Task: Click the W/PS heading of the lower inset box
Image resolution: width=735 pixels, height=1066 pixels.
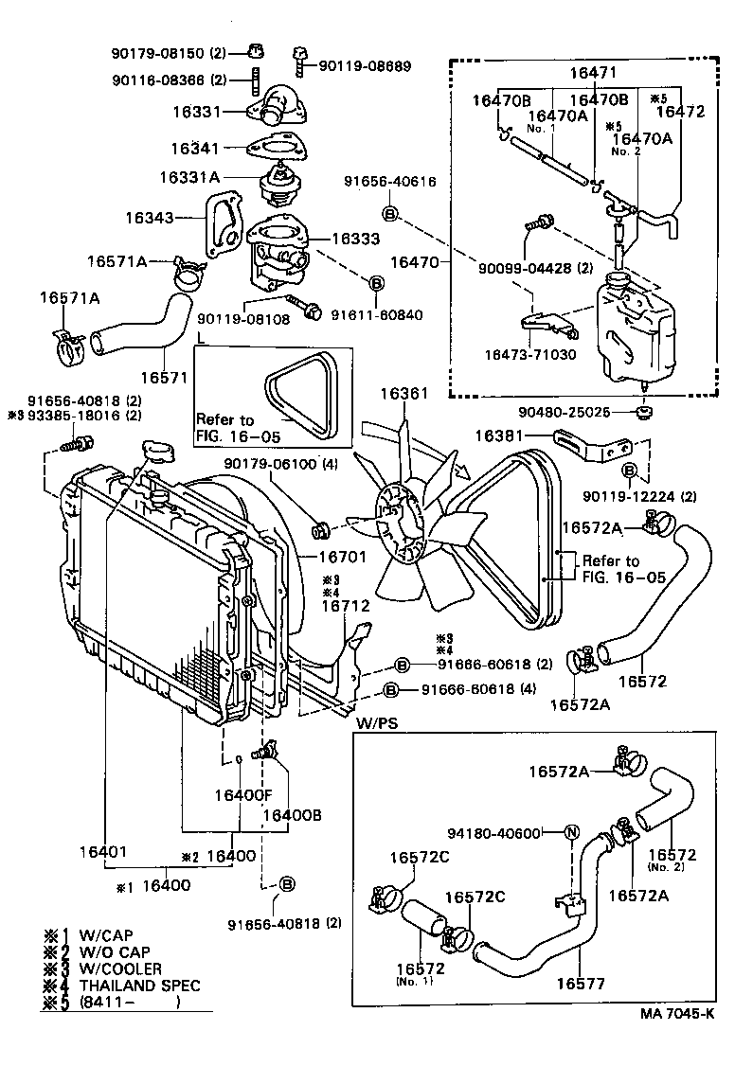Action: (376, 724)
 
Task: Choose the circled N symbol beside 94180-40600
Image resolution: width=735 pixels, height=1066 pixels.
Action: (571, 833)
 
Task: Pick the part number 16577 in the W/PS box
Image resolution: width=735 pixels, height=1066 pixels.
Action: (582, 984)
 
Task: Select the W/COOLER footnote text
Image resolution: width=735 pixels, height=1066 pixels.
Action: (120, 968)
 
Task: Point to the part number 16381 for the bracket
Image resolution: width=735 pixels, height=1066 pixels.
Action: (498, 436)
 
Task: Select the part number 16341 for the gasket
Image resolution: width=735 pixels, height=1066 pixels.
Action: (195, 149)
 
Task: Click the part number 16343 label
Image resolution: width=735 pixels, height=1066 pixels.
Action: (150, 217)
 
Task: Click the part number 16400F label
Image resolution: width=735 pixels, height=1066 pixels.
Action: (242, 795)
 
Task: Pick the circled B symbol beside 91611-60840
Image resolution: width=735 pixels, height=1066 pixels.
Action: (375, 283)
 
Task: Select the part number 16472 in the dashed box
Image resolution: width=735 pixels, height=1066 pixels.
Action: (680, 111)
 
